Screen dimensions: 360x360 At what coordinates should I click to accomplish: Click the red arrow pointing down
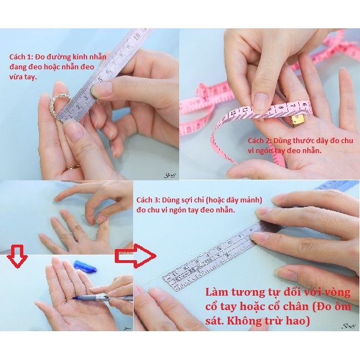point(17,256)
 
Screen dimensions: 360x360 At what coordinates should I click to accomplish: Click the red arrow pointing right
point(136,256)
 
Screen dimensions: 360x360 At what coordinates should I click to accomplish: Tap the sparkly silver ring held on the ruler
point(58,107)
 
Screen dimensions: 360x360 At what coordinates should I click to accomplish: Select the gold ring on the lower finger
point(73,168)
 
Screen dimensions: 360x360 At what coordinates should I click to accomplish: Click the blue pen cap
point(85,266)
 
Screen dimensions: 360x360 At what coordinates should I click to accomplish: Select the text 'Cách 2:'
point(260,140)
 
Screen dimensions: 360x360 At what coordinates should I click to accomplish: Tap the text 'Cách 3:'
point(148,200)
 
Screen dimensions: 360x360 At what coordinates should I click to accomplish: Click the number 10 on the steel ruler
point(136,37)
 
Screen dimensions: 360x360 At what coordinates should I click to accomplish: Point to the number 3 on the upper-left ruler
point(86,98)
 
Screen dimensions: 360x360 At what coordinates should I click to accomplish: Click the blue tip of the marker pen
point(76,298)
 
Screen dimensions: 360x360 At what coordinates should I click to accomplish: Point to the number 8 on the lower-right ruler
point(251,229)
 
